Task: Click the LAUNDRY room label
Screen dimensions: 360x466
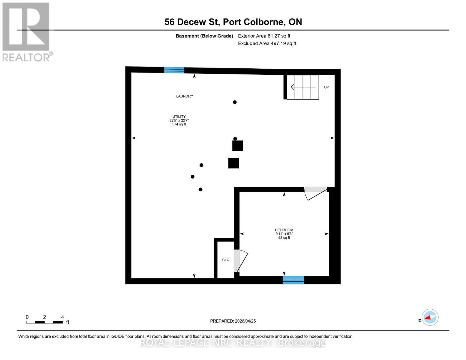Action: coord(185,96)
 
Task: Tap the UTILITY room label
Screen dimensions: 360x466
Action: coord(179,117)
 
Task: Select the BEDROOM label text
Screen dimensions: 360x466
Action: coord(284,230)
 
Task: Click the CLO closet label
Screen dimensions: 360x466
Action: coord(226,260)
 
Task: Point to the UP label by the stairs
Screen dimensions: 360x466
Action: coord(326,87)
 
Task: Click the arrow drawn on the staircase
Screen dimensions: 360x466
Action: coord(302,87)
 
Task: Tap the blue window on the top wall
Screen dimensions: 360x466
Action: coord(174,70)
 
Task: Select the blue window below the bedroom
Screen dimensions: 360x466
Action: coord(293,280)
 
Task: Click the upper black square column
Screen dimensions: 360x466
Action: coord(238,146)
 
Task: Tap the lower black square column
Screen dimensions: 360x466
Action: coord(233,163)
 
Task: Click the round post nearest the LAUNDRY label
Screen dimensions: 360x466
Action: coord(235,102)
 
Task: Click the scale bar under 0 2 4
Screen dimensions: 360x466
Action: coord(44,322)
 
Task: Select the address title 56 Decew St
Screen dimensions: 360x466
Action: coord(233,22)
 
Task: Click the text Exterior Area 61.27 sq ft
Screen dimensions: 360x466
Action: coord(264,36)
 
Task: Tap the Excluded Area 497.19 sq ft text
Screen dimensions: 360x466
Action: coord(267,43)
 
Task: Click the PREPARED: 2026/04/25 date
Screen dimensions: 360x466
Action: coord(233,321)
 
